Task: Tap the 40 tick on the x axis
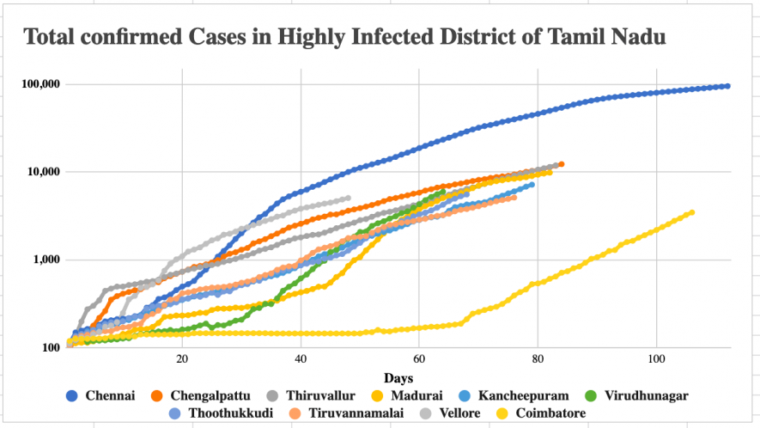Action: tap(301, 358)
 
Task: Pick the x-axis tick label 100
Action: tap(656, 358)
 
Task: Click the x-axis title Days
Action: tap(398, 377)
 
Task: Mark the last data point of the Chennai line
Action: tap(727, 86)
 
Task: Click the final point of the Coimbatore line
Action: tap(692, 212)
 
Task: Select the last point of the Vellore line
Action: tap(348, 199)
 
